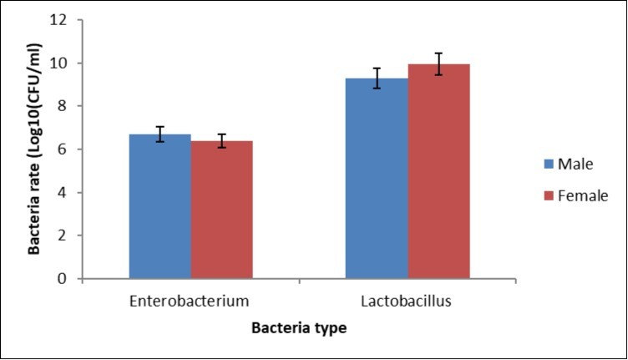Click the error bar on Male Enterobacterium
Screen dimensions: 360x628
160,134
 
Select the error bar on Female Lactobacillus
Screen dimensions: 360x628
439,63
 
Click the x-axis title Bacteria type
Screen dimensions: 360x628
300,329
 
